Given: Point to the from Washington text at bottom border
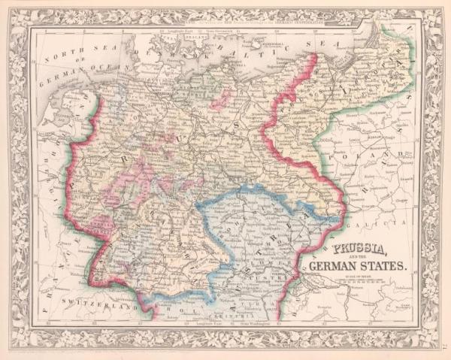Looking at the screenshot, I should (249, 324).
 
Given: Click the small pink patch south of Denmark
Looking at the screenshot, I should (221, 98).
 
